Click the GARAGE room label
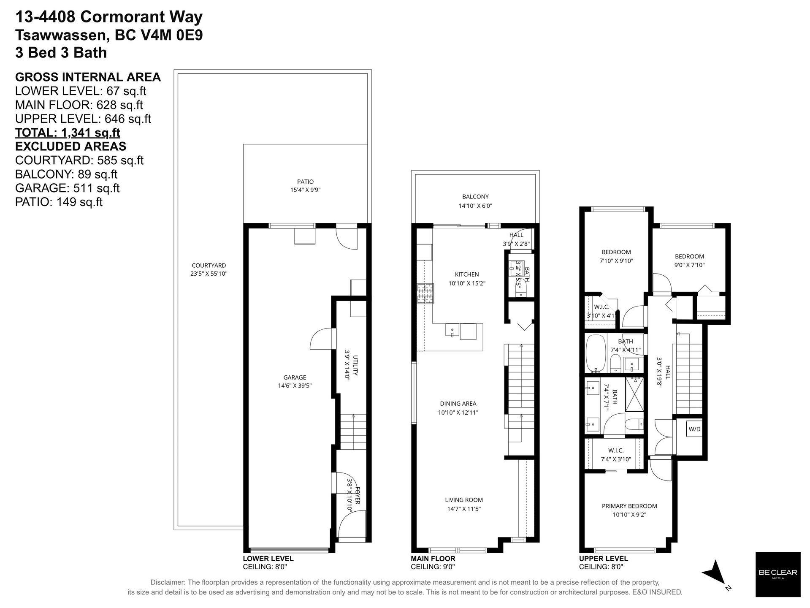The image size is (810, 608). tap(295, 377)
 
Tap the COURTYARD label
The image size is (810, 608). tap(209, 266)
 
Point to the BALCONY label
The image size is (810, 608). tap(475, 197)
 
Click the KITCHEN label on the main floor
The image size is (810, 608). tap(467, 274)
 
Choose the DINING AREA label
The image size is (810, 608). tap(458, 404)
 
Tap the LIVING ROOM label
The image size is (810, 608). tap(464, 500)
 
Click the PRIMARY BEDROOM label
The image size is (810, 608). tap(629, 506)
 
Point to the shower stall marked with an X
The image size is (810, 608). tap(634, 394)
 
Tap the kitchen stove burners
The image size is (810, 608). tap(425, 294)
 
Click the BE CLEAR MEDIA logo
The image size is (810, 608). tap(777, 574)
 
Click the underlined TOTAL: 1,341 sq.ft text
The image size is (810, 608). tap(68, 133)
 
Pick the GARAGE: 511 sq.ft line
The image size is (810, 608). tap(68, 188)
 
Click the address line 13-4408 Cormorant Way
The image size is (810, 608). tap(109, 17)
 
